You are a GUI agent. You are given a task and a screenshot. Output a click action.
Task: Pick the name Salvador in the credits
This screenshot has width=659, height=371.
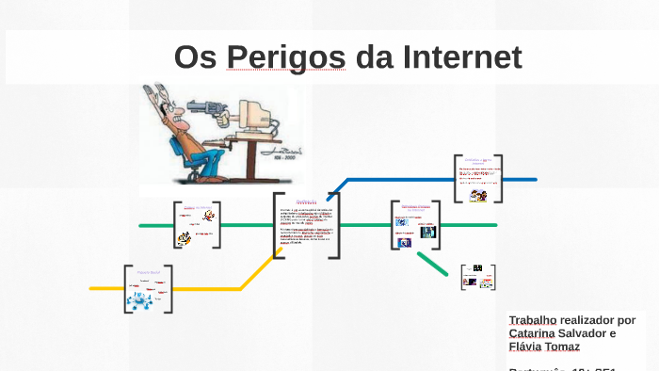(x=591, y=333)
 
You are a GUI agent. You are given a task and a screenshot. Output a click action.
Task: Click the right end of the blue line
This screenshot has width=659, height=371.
(x=534, y=179)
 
